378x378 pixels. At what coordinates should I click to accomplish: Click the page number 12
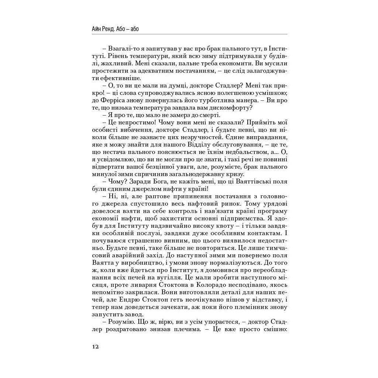pyautogui.click(x=95, y=347)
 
